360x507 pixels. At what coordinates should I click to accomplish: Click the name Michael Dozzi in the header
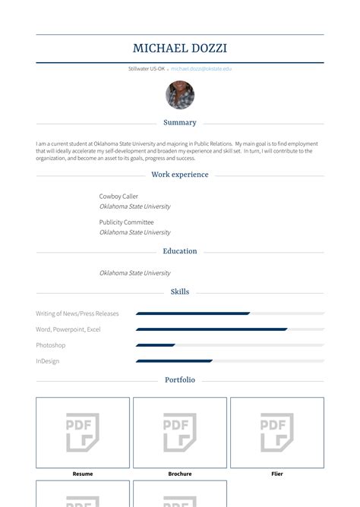click(x=180, y=49)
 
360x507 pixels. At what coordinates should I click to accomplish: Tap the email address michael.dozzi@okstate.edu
click(x=201, y=68)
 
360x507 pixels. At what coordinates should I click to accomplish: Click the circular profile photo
click(x=180, y=95)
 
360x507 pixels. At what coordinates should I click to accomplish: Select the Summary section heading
click(x=180, y=122)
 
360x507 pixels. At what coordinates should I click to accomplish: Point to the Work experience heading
click(x=180, y=175)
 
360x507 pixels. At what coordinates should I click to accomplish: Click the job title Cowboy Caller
click(x=118, y=197)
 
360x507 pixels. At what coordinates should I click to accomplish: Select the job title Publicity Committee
click(x=126, y=222)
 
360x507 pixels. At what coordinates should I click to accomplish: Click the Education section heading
click(x=180, y=251)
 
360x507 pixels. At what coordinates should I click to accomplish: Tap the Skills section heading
click(x=180, y=291)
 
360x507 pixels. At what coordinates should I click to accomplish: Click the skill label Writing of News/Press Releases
click(x=77, y=313)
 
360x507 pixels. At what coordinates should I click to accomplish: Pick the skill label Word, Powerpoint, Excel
click(x=68, y=329)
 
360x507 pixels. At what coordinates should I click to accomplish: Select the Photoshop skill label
click(x=51, y=345)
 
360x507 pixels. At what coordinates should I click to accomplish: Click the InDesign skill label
click(x=47, y=361)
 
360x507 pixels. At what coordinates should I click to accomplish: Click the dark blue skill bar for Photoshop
click(x=156, y=345)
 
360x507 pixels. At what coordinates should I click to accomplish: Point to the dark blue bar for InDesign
click(x=174, y=361)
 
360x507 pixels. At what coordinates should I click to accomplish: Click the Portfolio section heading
click(x=180, y=379)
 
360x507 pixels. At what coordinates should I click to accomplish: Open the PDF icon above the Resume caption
click(x=83, y=433)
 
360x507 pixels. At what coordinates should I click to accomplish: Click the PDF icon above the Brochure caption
click(x=180, y=433)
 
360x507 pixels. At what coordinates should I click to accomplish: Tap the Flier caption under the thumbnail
click(x=277, y=474)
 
